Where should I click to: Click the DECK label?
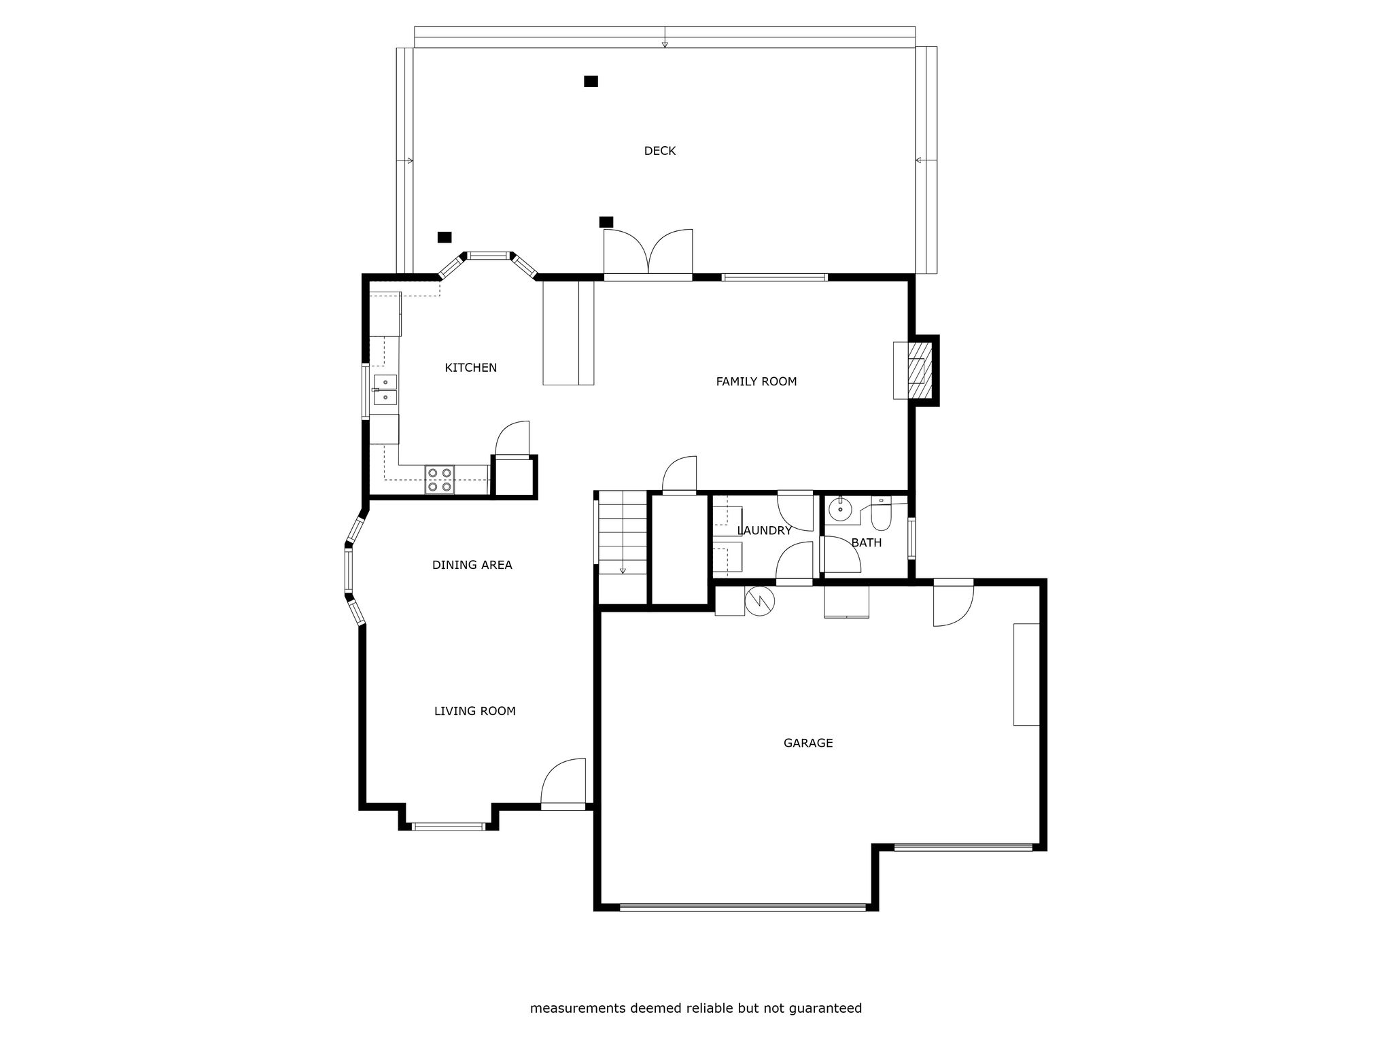pyautogui.click(x=659, y=151)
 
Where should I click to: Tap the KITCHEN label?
pyautogui.click(x=470, y=368)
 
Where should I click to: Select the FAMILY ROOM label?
pyautogui.click(x=756, y=382)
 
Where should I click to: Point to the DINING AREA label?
pyautogui.click(x=472, y=565)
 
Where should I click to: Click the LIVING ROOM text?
pyautogui.click(x=474, y=711)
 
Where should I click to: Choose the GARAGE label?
pyautogui.click(x=807, y=743)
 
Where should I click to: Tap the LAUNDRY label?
pyautogui.click(x=764, y=531)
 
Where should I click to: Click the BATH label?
pyautogui.click(x=866, y=542)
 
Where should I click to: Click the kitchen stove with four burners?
pyautogui.click(x=440, y=479)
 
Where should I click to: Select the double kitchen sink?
pyautogui.click(x=385, y=389)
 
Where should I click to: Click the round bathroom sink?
pyautogui.click(x=841, y=508)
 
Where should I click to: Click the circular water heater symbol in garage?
pyautogui.click(x=759, y=600)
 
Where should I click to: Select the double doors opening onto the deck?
pyautogui.click(x=648, y=254)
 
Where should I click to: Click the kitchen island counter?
pyautogui.click(x=568, y=333)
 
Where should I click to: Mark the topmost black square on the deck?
pyautogui.click(x=591, y=82)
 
